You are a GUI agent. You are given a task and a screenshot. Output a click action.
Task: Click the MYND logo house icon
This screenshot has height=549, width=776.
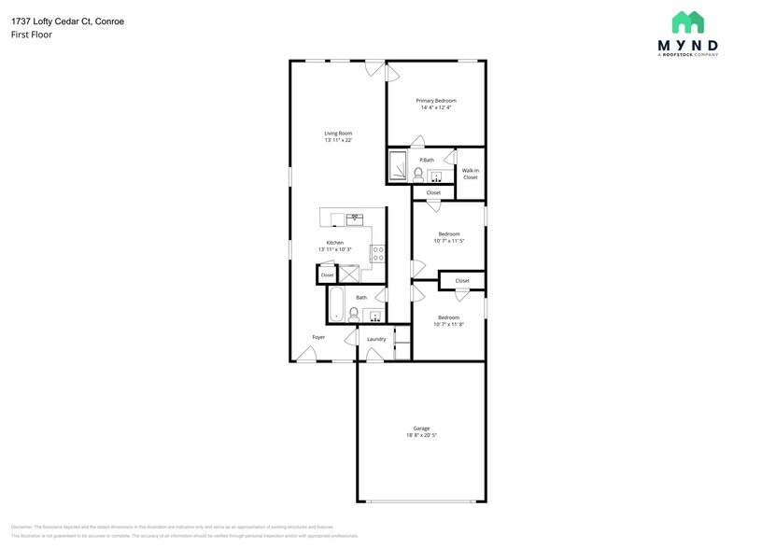[x=688, y=21]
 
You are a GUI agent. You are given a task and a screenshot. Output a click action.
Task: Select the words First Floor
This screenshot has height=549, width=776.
[x=31, y=35]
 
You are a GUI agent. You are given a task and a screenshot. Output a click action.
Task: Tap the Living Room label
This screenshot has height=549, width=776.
[x=338, y=134]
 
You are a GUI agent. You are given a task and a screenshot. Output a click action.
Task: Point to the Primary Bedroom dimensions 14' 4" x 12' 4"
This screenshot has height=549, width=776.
[x=436, y=108]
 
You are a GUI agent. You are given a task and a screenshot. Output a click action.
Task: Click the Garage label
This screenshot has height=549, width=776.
[x=421, y=428]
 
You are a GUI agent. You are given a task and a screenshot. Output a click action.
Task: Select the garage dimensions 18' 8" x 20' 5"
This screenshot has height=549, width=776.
[x=421, y=435]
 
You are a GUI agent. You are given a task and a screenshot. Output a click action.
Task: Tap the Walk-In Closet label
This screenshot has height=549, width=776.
[x=470, y=174]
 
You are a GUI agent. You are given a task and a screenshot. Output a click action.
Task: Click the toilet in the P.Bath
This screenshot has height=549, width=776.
[x=418, y=175]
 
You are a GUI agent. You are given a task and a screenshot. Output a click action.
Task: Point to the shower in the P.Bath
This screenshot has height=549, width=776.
[x=396, y=166]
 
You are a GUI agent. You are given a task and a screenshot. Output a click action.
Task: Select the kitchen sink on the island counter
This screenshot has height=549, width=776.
[x=355, y=219]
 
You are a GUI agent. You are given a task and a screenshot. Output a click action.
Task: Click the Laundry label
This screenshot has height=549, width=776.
[x=376, y=339]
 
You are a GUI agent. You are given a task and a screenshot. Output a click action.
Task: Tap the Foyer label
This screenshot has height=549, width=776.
[x=318, y=336]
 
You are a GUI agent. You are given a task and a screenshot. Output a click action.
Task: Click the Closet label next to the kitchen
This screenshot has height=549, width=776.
[x=327, y=275]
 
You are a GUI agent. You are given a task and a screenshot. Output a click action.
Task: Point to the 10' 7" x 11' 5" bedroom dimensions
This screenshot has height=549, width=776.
[x=449, y=241]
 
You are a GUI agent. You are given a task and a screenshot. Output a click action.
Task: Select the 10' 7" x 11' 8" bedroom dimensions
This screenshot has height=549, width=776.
[x=449, y=324]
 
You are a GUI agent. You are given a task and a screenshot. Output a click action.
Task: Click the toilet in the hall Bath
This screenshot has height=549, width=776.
[x=354, y=314]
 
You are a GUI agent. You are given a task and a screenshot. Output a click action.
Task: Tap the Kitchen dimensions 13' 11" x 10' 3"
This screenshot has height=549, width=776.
[x=334, y=249]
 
